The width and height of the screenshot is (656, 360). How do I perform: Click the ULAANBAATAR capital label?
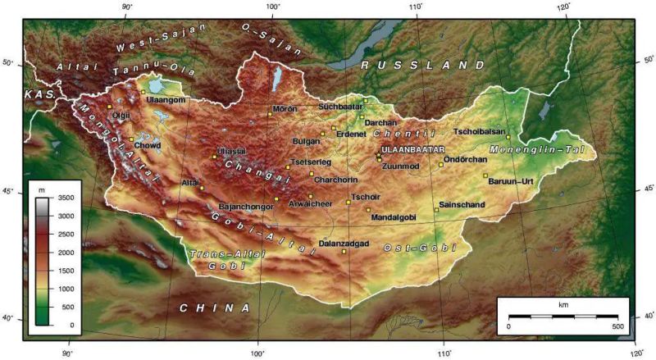[412, 151]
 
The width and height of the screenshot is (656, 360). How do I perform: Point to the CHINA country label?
[215, 308]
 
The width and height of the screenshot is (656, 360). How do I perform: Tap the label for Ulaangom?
[167, 100]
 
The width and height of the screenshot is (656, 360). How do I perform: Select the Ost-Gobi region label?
[420, 248]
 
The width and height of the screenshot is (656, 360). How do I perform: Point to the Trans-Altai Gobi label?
[216, 259]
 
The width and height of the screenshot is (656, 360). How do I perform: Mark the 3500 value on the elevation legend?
[66, 198]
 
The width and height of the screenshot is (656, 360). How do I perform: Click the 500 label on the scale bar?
[617, 326]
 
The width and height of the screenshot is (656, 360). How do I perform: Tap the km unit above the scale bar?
[563, 305]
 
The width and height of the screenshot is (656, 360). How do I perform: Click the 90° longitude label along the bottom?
[68, 353]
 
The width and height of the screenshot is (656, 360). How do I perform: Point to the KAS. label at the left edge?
[39, 95]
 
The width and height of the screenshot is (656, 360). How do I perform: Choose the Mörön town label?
[285, 109]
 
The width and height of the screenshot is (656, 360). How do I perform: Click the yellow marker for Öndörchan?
[440, 165]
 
